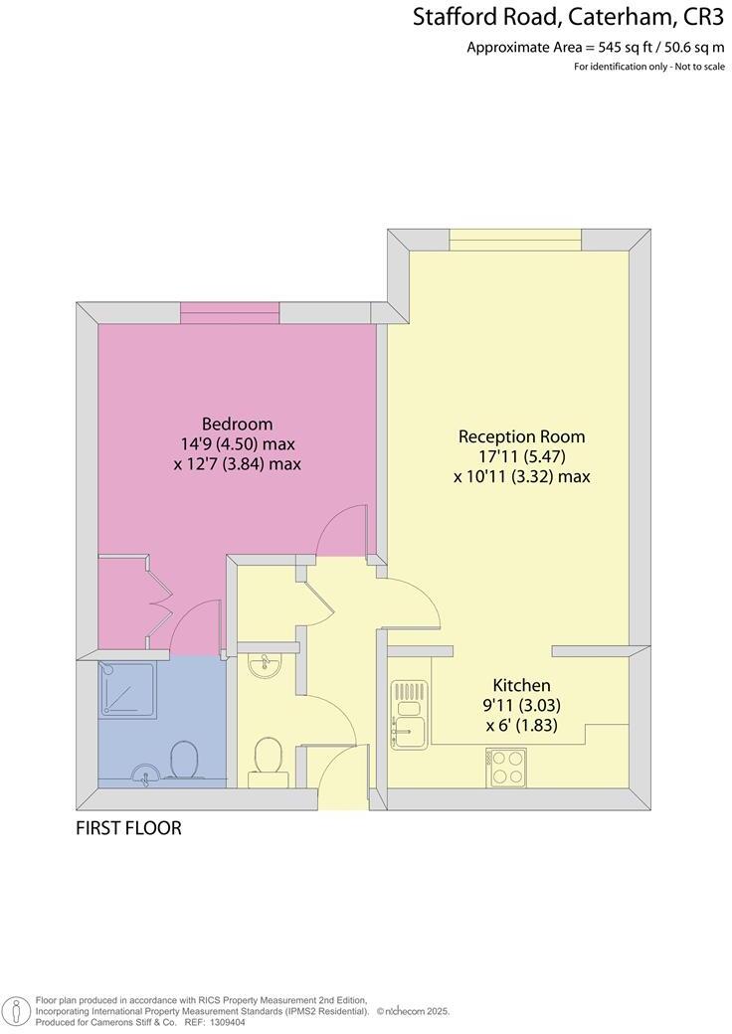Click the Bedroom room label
pos(237,424)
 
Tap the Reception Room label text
pos(521,436)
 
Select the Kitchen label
pos(521,685)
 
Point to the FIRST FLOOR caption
pos(128,828)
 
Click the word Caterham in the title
pos(621,17)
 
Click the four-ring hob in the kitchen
pos(506,768)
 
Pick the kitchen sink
pos(407,714)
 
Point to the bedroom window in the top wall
pos(225,313)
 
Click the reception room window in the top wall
pos(514,241)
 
